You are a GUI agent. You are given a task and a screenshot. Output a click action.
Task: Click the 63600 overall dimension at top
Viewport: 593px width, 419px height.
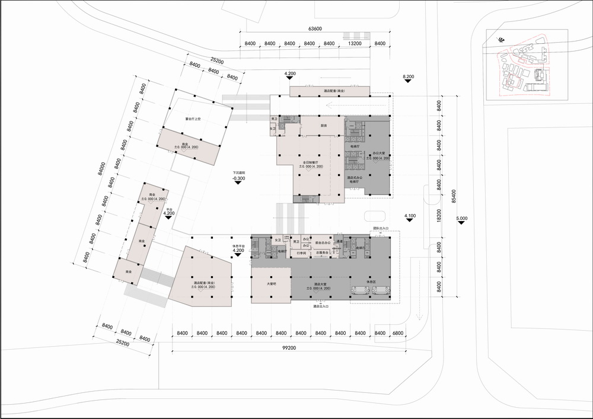coord(315,29)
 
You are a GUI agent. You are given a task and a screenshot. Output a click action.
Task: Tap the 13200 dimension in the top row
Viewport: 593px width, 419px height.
coord(355,44)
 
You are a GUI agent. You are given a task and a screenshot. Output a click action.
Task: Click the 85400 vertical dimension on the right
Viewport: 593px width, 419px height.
coord(454,193)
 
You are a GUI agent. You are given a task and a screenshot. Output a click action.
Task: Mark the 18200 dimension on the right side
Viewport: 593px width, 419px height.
coord(440,219)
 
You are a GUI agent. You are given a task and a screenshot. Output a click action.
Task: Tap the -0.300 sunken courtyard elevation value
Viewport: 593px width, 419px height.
coord(239,178)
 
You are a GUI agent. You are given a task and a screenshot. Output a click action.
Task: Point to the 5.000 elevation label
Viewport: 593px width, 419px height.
coord(462,219)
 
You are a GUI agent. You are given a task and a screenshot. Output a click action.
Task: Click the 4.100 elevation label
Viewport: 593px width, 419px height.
coord(409,216)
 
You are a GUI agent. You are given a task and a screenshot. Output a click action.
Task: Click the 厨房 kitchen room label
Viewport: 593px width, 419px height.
coord(324,126)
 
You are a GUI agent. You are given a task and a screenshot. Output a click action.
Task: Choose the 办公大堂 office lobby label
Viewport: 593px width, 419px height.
coord(378,155)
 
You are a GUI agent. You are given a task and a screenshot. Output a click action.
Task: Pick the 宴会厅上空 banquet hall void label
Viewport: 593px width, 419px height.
coord(194,119)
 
